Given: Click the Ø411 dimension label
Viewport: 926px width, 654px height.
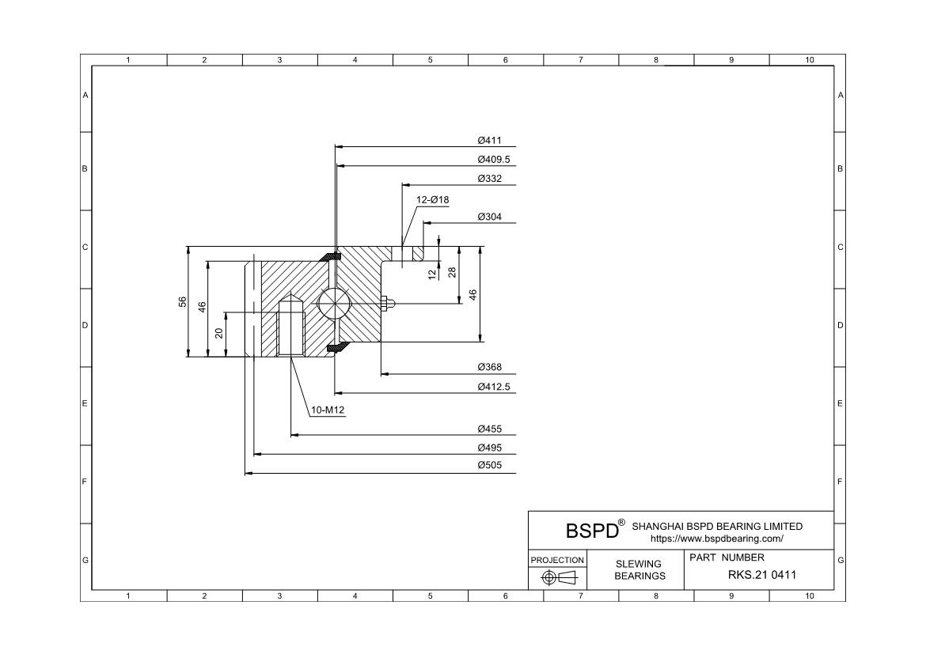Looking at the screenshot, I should (489, 140).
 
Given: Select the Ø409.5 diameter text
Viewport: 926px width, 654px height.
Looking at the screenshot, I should (495, 159).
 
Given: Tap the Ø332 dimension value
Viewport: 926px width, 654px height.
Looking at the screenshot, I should (489, 179).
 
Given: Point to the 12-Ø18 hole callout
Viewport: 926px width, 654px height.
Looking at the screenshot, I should (433, 200).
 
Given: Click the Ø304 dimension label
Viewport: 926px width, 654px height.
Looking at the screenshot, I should (489, 217).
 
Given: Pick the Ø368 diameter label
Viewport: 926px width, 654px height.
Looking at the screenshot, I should (489, 368).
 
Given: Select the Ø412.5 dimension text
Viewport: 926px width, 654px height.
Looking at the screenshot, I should (495, 387).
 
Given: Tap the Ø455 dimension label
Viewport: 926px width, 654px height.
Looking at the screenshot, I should (489, 429).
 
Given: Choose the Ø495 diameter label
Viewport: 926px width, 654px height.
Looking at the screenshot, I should (489, 448).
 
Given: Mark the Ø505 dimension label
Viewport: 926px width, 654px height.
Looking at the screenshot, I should (489, 466).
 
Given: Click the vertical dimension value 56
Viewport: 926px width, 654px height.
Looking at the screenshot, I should (182, 301).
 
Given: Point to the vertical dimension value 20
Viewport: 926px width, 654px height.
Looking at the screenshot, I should (219, 334).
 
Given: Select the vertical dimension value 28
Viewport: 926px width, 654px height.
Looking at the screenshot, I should (452, 271).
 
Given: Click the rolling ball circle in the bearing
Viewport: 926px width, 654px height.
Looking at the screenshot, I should (332, 303).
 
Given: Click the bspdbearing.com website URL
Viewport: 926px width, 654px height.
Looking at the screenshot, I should (716, 539).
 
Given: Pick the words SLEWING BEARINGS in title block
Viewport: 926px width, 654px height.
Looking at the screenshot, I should (639, 570).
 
